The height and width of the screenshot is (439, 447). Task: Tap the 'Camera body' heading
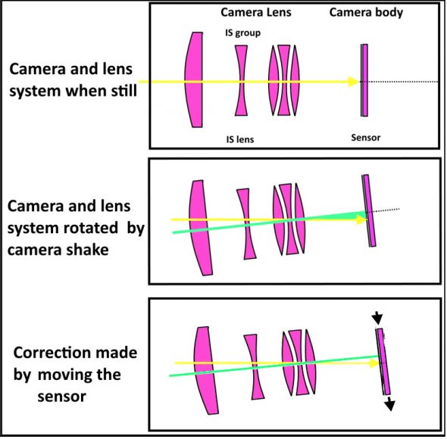pos(366,13)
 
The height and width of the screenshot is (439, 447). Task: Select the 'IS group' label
pos(240,33)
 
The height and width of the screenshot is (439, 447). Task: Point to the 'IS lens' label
pos(240,139)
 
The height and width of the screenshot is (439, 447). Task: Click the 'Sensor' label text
pos(365,138)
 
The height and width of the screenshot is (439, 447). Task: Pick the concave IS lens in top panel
pos(241,80)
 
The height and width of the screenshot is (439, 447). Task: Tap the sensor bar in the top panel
pos(364,80)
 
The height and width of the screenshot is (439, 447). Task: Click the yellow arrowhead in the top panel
pos(352,81)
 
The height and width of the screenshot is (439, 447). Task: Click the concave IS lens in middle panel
pos(245,224)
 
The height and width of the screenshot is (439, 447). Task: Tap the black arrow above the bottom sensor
pos(377,316)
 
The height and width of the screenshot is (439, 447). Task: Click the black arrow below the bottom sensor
pos(389,403)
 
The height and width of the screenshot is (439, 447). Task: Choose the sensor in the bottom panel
pos(383,361)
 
